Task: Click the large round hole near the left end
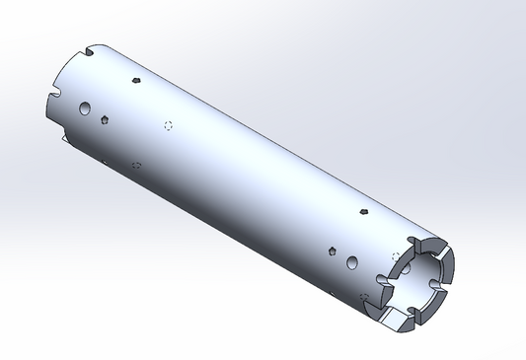tap(86, 106)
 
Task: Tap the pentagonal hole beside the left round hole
tap(105, 119)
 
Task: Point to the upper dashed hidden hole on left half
tap(168, 125)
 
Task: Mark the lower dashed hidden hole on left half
tap(135, 165)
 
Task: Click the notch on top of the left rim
tap(90, 51)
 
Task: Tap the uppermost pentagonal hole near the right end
tap(364, 211)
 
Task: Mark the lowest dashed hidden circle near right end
tap(365, 298)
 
